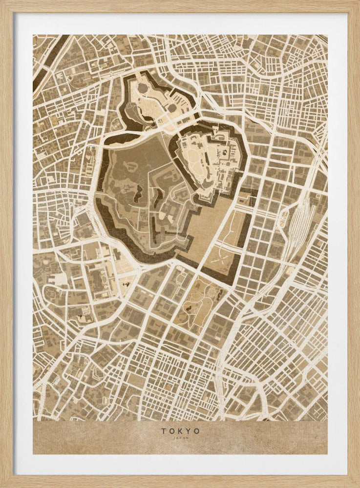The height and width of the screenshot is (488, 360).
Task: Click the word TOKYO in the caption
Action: point(180,431)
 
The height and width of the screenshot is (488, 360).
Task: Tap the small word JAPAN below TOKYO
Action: point(180,438)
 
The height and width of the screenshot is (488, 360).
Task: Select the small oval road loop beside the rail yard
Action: point(282,222)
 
